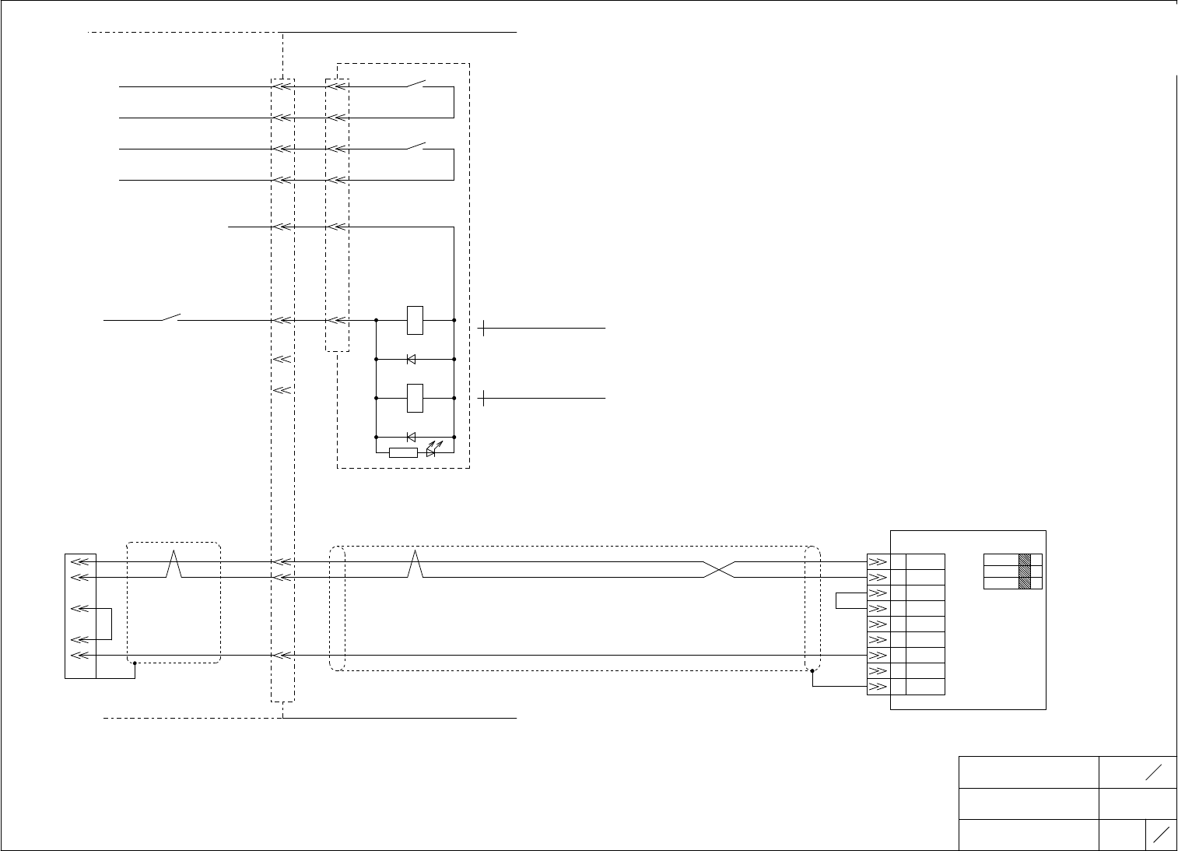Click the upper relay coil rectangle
click(x=415, y=320)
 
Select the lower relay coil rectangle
click(x=415, y=398)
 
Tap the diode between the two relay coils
click(x=411, y=359)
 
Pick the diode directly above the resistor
click(x=411, y=437)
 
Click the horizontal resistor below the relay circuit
click(x=403, y=452)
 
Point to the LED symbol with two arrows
click(x=432, y=451)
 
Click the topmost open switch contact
click(x=416, y=83)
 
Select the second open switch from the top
click(x=416, y=146)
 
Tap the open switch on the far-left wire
click(x=170, y=317)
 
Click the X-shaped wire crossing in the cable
click(x=719, y=569)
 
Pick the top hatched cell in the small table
click(x=1024, y=559)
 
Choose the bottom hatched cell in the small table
click(x=1024, y=582)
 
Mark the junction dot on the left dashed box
click(x=135, y=663)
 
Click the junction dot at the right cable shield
click(x=812, y=670)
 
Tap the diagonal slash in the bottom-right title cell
click(x=1160, y=835)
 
